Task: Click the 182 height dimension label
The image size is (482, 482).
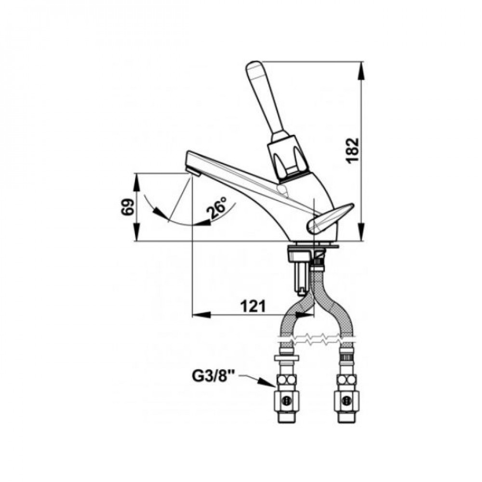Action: pyautogui.click(x=354, y=150)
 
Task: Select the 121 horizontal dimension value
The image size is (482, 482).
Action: pyautogui.click(x=253, y=306)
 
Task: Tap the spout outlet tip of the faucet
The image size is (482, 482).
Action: pyautogui.click(x=194, y=171)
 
